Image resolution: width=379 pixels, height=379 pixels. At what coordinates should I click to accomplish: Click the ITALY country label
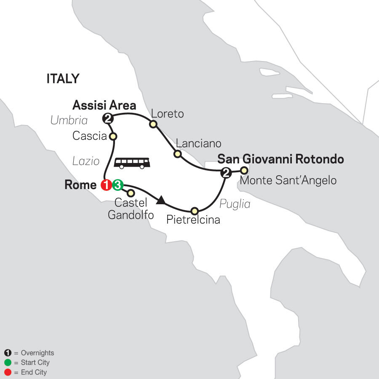pyautogui.click(x=63, y=79)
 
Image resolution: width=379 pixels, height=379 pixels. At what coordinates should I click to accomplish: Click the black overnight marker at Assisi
pyautogui.click(x=108, y=119)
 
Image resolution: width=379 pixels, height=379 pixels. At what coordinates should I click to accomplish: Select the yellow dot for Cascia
pyautogui.click(x=113, y=136)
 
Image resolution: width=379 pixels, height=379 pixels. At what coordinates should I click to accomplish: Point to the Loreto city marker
pyautogui.click(x=153, y=124)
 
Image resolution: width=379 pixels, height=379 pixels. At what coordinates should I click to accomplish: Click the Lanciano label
pyautogui.click(x=198, y=143)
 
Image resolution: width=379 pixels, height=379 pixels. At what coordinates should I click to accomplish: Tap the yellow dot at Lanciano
pyautogui.click(x=178, y=154)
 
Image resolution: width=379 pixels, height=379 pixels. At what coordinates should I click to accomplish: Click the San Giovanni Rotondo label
pyautogui.click(x=280, y=160)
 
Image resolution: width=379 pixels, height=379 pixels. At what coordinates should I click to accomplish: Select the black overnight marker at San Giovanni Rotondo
pyautogui.click(x=226, y=172)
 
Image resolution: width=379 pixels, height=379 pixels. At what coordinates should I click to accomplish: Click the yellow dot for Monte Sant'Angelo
pyautogui.click(x=243, y=171)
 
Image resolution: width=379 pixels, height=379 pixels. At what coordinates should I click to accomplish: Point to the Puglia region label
pyautogui.click(x=235, y=204)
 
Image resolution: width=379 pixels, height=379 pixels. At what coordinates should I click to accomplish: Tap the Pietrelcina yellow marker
pyautogui.click(x=194, y=211)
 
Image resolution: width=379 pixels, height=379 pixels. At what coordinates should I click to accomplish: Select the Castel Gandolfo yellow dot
pyautogui.click(x=131, y=193)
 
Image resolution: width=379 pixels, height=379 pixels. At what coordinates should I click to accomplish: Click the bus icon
pyautogui.click(x=132, y=163)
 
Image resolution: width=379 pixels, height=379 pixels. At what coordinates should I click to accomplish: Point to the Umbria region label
pyautogui.click(x=69, y=120)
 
